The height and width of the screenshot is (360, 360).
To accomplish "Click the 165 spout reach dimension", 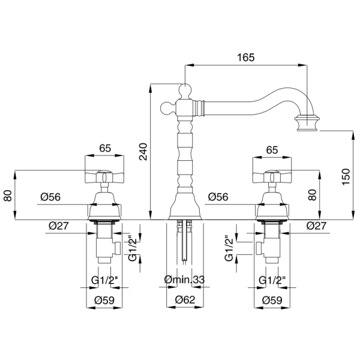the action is click(245, 58).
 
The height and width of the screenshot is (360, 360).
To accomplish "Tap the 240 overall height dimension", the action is click(144, 152).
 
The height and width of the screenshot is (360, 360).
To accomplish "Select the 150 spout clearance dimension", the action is click(346, 177).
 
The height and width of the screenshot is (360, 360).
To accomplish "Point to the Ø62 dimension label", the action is click(185, 299).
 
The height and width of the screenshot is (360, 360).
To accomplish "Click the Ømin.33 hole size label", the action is click(184, 280).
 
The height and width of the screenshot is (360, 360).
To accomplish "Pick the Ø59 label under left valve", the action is click(104, 300).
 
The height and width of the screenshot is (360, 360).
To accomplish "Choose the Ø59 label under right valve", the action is click(272, 300).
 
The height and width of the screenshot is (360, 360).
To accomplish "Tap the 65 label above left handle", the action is click(105, 148).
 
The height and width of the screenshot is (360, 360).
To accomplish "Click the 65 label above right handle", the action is click(272, 150).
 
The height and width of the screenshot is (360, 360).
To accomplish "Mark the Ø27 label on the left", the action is click(59, 226).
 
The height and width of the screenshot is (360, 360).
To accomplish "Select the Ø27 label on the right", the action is click(316, 226).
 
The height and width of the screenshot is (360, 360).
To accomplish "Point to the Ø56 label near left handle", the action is click(50, 197).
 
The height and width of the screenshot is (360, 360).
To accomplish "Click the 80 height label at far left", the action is click(8, 196).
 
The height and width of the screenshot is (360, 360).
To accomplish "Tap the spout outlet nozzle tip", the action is click(307, 122).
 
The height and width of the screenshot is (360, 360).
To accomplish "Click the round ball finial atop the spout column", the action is click(185, 90).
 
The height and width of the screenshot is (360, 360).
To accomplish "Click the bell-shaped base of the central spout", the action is click(185, 206).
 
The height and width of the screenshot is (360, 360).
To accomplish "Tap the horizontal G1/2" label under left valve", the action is click(104, 280).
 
